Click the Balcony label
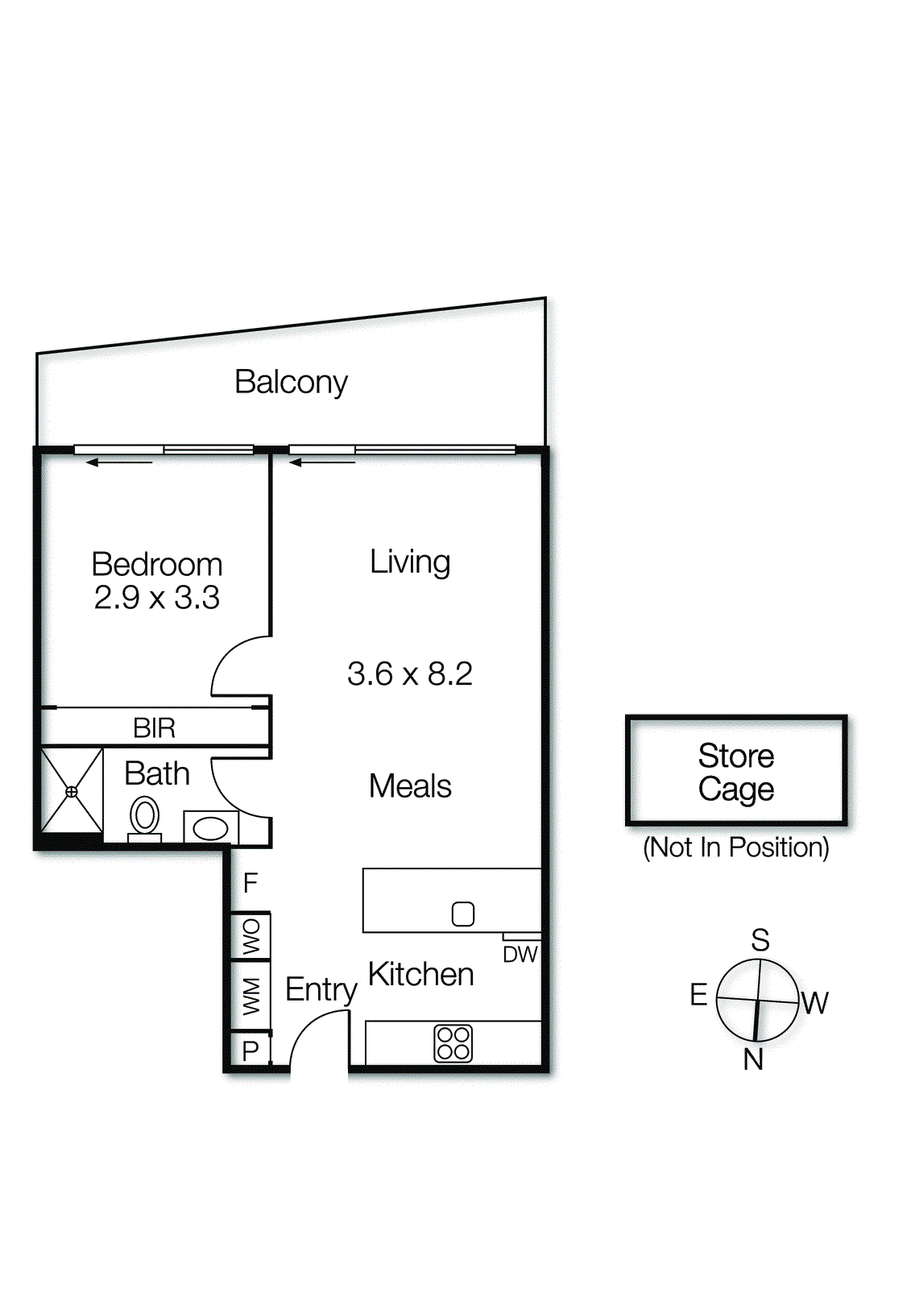click(292, 383)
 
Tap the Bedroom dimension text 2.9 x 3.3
click(156, 597)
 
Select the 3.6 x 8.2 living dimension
click(410, 674)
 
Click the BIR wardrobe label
click(154, 728)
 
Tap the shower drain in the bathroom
click(72, 792)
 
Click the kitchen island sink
click(462, 914)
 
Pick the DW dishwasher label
click(520, 955)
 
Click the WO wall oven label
click(251, 936)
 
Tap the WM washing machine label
click(251, 996)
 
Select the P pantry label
click(251, 1051)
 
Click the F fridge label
click(250, 883)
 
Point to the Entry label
click(321, 991)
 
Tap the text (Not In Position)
click(736, 848)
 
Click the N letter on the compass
click(753, 1059)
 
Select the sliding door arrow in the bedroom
click(119, 462)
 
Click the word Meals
click(410, 786)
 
